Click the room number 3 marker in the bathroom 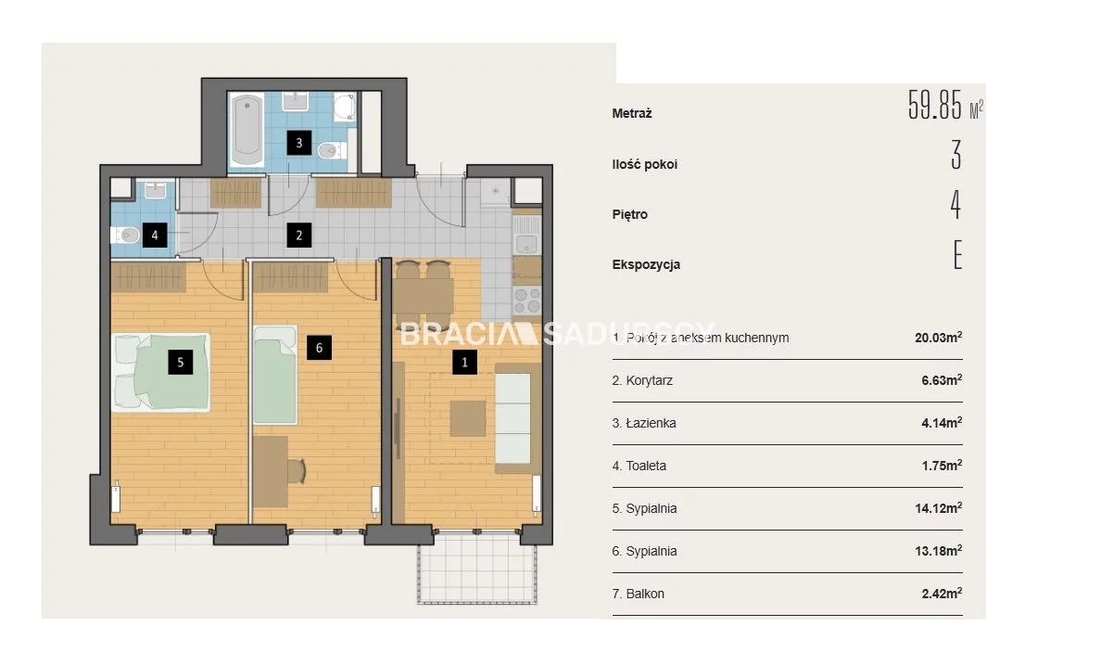[299, 144]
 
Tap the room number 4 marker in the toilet [155, 236]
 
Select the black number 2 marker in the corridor [299, 236]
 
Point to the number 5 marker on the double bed [180, 362]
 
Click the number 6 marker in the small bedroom [319, 348]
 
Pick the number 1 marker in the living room [464, 362]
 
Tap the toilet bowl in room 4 [126, 235]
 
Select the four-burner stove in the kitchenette [527, 301]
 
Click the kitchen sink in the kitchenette [526, 235]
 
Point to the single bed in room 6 [275, 375]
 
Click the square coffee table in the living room [467, 418]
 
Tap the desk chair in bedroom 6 [297, 471]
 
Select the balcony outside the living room [477, 569]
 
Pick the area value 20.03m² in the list [939, 338]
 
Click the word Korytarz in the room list [649, 381]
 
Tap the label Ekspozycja [646, 265]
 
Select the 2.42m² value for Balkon [942, 594]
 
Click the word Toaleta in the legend [646, 466]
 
